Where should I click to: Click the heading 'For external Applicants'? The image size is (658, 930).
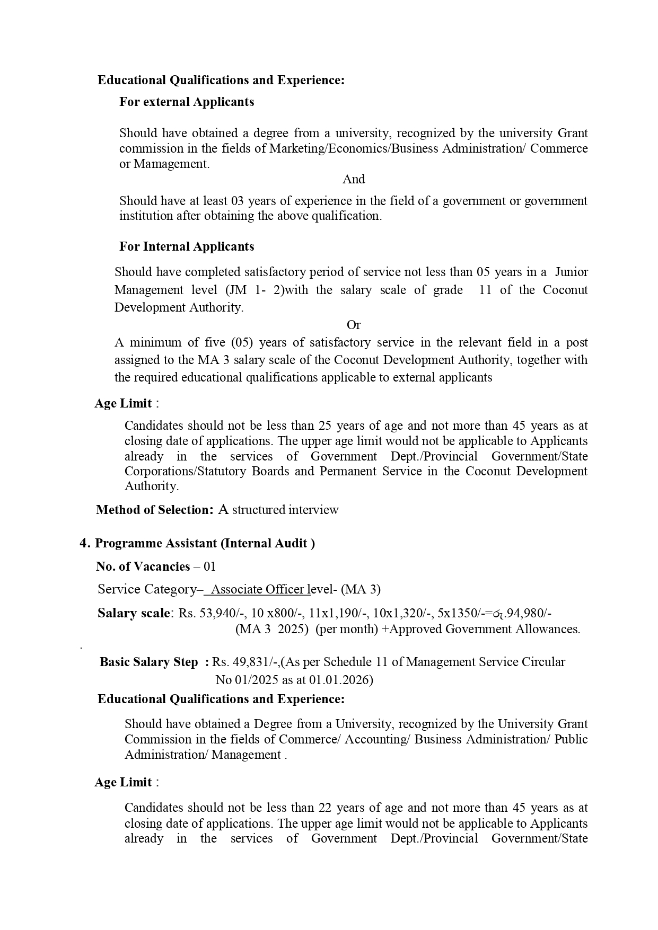tap(187, 102)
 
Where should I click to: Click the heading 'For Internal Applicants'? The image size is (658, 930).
tap(187, 246)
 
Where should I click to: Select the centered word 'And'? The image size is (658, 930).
tap(354, 179)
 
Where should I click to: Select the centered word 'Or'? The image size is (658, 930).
tap(354, 325)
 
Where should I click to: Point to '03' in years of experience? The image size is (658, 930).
tap(237, 201)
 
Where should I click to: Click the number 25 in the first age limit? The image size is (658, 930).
tap(324, 426)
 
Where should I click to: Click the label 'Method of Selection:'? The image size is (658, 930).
tap(154, 510)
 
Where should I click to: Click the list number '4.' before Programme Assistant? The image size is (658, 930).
tap(85, 543)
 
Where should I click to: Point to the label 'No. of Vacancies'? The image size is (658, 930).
tap(143, 566)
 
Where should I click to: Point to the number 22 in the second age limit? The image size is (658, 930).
tap(324, 808)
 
